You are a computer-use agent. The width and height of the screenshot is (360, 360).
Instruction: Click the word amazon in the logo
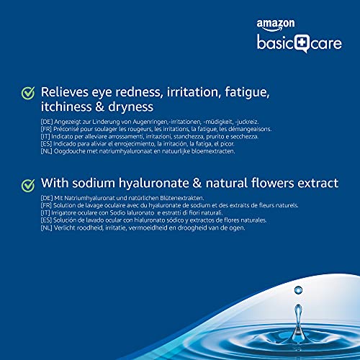pos(276,24)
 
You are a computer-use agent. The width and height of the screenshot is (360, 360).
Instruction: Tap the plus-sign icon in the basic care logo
pos(302,43)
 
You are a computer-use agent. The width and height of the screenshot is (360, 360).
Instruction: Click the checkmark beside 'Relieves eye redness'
pos(28,93)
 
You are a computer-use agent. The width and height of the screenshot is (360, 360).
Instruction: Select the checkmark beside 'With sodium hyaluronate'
pos(28,186)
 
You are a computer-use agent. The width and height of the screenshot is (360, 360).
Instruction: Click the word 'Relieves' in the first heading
pos(65,92)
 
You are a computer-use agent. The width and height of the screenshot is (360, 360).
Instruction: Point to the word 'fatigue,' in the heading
pos(247,92)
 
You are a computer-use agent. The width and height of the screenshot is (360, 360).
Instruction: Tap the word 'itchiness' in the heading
pos(66,107)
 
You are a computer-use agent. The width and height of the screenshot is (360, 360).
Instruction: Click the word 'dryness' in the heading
pos(130,108)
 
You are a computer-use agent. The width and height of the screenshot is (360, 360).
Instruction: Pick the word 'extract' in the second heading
pos(318,184)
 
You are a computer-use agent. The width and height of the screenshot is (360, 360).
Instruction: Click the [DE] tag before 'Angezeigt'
pos(47,122)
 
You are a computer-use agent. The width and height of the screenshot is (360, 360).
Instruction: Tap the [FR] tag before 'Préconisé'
pos(46,129)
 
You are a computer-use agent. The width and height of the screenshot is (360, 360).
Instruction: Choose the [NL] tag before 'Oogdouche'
pos(46,151)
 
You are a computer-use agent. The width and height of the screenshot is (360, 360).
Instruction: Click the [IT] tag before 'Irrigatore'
pos(45,213)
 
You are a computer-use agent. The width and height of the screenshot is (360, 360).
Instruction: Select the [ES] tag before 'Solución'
pos(46,220)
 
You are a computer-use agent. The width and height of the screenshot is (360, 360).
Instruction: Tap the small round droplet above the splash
pos(298,290)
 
